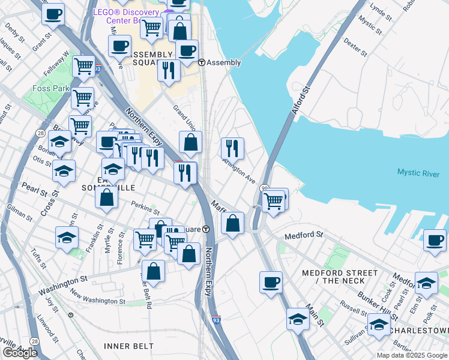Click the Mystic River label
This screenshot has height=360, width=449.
pyautogui.click(x=418, y=173)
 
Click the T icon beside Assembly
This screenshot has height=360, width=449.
pyautogui.click(x=202, y=62)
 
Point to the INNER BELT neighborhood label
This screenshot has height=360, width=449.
pyautogui.click(x=128, y=346)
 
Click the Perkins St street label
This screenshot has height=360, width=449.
pyautogui.click(x=145, y=208)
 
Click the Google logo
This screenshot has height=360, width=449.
pyautogui.click(x=20, y=353)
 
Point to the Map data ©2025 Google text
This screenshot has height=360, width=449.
pyautogui.click(x=412, y=355)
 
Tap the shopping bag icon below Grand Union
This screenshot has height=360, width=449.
pyautogui.click(x=190, y=142)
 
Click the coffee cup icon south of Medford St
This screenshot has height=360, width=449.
pyautogui.click(x=271, y=281)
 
